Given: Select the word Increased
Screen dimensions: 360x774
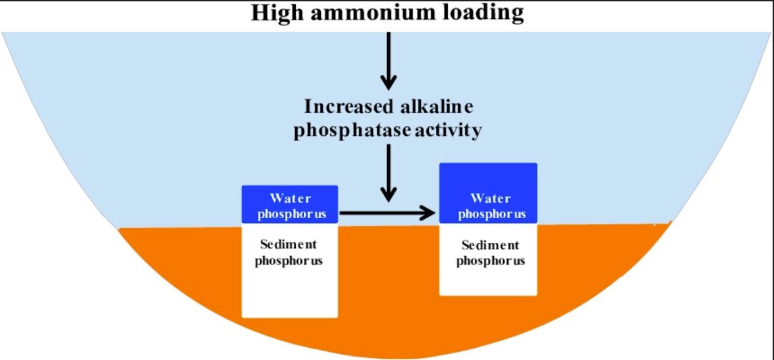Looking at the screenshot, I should tap(345, 107).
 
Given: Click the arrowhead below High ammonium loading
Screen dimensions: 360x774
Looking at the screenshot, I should tap(388, 82).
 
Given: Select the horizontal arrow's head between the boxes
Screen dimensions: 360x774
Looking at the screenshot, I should tap(427, 213).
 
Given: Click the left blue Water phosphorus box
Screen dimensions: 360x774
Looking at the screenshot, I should tap(289, 205).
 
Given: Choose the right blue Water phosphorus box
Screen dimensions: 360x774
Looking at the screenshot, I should tap(488, 192).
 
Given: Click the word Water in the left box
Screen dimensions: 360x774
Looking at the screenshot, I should tap(290, 198).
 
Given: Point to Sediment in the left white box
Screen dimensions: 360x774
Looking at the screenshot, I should tap(288, 244).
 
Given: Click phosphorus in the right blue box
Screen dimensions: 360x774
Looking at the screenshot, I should tap(491, 214).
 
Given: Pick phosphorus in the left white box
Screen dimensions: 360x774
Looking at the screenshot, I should tap(288, 260).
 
